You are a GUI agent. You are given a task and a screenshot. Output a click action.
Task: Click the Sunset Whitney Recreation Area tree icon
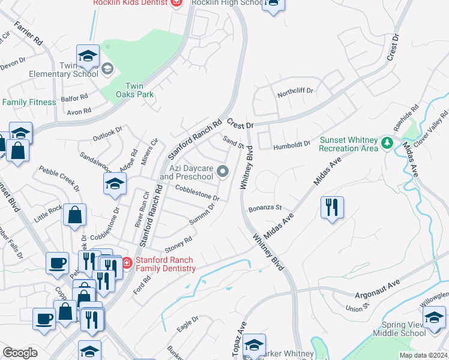pyautogui.click(x=387, y=143)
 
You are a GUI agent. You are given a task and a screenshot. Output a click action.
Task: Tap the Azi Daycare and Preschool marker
pyautogui.click(x=223, y=172)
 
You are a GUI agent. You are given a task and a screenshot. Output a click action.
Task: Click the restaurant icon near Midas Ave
pyautogui.click(x=332, y=208)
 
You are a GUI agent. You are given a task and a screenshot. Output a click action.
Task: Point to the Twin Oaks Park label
pyautogui.click(x=139, y=90)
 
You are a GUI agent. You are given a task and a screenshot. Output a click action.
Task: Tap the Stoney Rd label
pyautogui.click(x=178, y=244)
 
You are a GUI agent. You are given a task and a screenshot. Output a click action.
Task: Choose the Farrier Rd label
pyautogui.click(x=28, y=34)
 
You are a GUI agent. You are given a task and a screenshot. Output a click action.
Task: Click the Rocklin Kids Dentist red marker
pyautogui.click(x=176, y=3)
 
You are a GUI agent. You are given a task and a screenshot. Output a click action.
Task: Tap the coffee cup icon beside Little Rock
pyautogui.click(x=58, y=262)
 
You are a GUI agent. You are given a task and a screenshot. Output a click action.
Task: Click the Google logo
pyautogui.click(x=20, y=353)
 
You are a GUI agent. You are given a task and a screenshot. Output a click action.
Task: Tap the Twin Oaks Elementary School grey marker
pyautogui.click(x=107, y=67)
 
